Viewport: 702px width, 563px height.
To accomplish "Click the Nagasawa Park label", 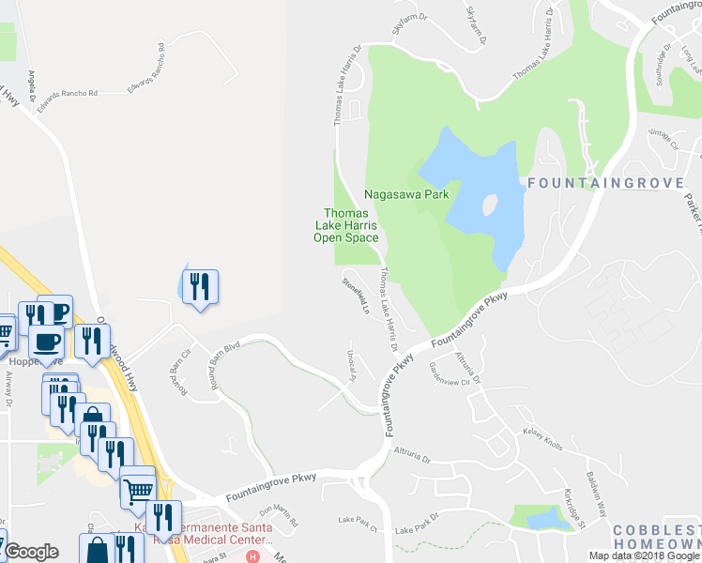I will pyautogui.click(x=413, y=195).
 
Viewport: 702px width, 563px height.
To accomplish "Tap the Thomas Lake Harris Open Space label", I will pyautogui.click(x=346, y=225).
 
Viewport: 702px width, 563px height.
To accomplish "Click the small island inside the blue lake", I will pyautogui.click(x=489, y=204).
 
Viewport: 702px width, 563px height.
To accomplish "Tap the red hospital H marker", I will pyautogui.click(x=251, y=556).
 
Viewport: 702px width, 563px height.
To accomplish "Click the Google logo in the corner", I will pyautogui.click(x=31, y=553).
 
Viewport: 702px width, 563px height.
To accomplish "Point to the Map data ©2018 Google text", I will pyautogui.click(x=644, y=556).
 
